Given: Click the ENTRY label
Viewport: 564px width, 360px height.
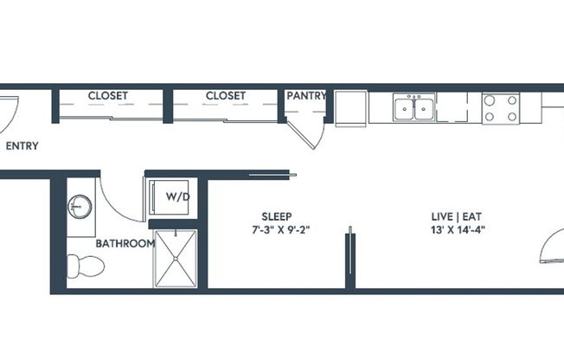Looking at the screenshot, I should point(22,146).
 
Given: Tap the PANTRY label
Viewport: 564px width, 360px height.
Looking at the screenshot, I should point(306,96).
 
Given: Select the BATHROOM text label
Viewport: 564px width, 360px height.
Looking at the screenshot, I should point(125,243).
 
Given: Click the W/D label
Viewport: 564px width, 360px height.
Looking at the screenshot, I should point(177,196).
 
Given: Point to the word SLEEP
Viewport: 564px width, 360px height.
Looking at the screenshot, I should point(277,216).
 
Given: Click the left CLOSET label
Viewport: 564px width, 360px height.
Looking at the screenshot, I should point(108,96).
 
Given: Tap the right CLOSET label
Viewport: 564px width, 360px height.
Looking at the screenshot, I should point(226,96).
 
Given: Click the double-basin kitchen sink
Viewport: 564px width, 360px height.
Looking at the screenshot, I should point(414,108).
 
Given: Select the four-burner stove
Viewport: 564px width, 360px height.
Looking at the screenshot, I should point(500,108).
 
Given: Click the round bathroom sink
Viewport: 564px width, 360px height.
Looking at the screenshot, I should point(80,208).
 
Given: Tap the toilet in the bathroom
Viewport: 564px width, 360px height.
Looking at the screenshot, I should point(84,266).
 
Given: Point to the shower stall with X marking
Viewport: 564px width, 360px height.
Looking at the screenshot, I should point(175,258).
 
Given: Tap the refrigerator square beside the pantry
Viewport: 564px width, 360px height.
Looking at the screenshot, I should point(351,108).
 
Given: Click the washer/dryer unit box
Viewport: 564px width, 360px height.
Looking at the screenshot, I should point(171,196).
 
